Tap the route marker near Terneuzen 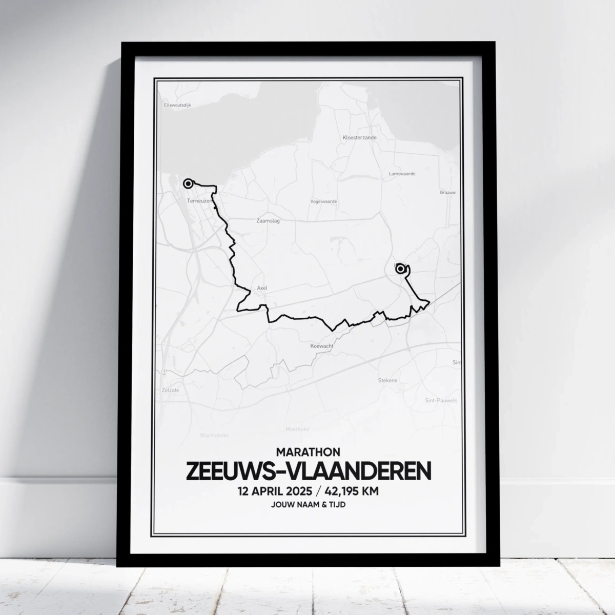(188, 183)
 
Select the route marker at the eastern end (400, 268)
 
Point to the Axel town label (262, 288)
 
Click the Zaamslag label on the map (268, 221)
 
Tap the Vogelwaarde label (323, 201)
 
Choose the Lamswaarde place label (402, 174)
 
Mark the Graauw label (447, 193)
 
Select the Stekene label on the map (387, 380)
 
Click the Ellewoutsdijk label (177, 105)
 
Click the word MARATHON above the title (307, 452)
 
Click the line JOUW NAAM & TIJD (307, 505)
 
